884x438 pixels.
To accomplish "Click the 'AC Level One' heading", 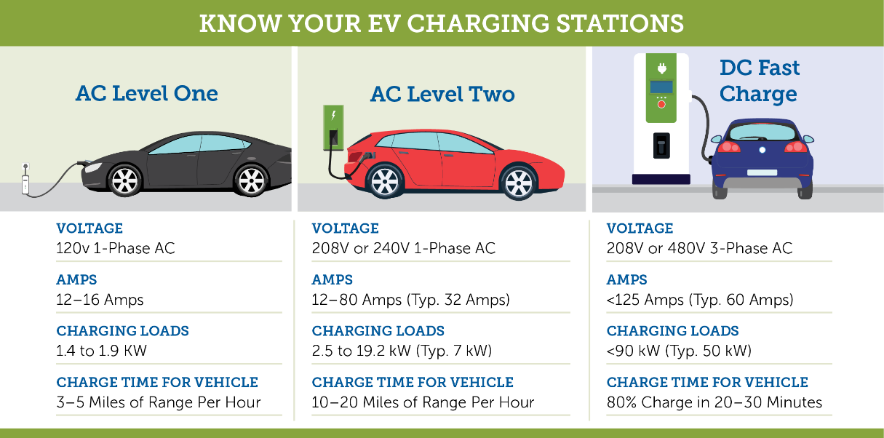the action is pos(146,94).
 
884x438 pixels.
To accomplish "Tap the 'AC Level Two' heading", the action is pos(442,95).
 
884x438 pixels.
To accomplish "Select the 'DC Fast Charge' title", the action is pos(760,81).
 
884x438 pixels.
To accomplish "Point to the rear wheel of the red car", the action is pos(385,182).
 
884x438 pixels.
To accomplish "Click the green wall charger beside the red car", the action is pos(333,128).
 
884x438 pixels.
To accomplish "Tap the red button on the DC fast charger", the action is pos(661,104).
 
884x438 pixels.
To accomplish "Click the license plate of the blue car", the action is pos(762,172).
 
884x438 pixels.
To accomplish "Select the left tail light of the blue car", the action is pos(728,147).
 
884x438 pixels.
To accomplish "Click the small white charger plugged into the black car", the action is pos(25,180).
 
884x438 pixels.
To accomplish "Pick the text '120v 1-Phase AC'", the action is pos(115,249).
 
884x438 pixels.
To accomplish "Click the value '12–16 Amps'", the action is pos(100,300).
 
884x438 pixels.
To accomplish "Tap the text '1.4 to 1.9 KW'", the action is pos(101,351).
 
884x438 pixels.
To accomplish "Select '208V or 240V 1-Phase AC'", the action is pos(403,249).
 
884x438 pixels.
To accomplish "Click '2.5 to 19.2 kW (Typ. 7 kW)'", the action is pos(402,351).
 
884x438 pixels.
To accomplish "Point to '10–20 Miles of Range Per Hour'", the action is pos(423,402).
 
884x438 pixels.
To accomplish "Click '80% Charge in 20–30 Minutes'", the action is pos(714,402).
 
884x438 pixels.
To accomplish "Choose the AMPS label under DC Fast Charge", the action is pos(626,280).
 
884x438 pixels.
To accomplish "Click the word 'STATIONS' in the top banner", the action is pos(620,24).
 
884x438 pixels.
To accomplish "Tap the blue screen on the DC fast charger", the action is pos(661,87).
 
